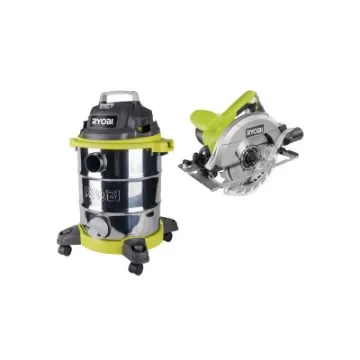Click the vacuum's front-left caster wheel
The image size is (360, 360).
[66, 249]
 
